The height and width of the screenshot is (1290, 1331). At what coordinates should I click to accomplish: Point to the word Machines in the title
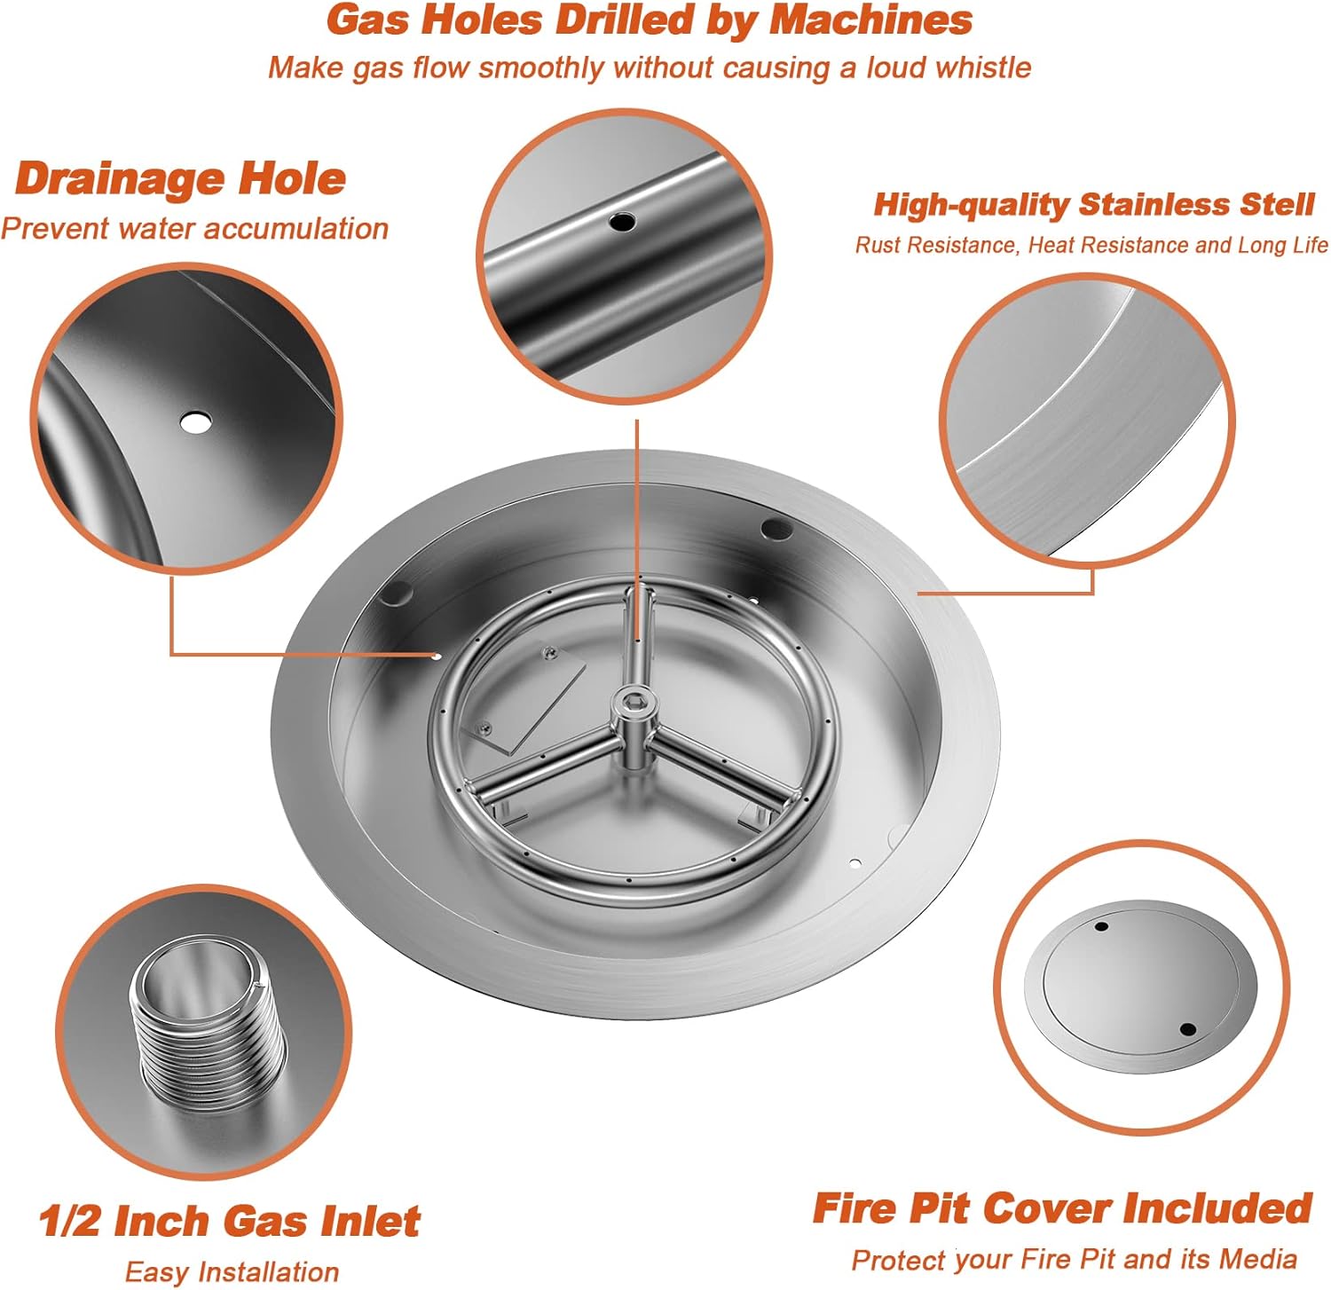pos(870,20)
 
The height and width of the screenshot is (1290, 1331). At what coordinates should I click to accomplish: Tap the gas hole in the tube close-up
pos(621,221)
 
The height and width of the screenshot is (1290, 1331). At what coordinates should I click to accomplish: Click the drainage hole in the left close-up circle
pos(195,422)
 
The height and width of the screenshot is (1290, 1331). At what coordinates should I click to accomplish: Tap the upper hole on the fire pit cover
pos(1101,926)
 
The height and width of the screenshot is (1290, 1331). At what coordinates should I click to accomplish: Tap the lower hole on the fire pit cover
pos(1188,1029)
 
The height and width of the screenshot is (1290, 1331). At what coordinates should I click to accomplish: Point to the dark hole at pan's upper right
pos(776,530)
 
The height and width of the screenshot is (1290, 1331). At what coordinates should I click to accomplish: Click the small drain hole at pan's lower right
pos(855,862)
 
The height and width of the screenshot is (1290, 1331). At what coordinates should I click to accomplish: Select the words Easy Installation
pos(232,1272)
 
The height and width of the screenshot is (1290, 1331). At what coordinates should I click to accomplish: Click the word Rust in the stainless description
pos(874,246)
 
